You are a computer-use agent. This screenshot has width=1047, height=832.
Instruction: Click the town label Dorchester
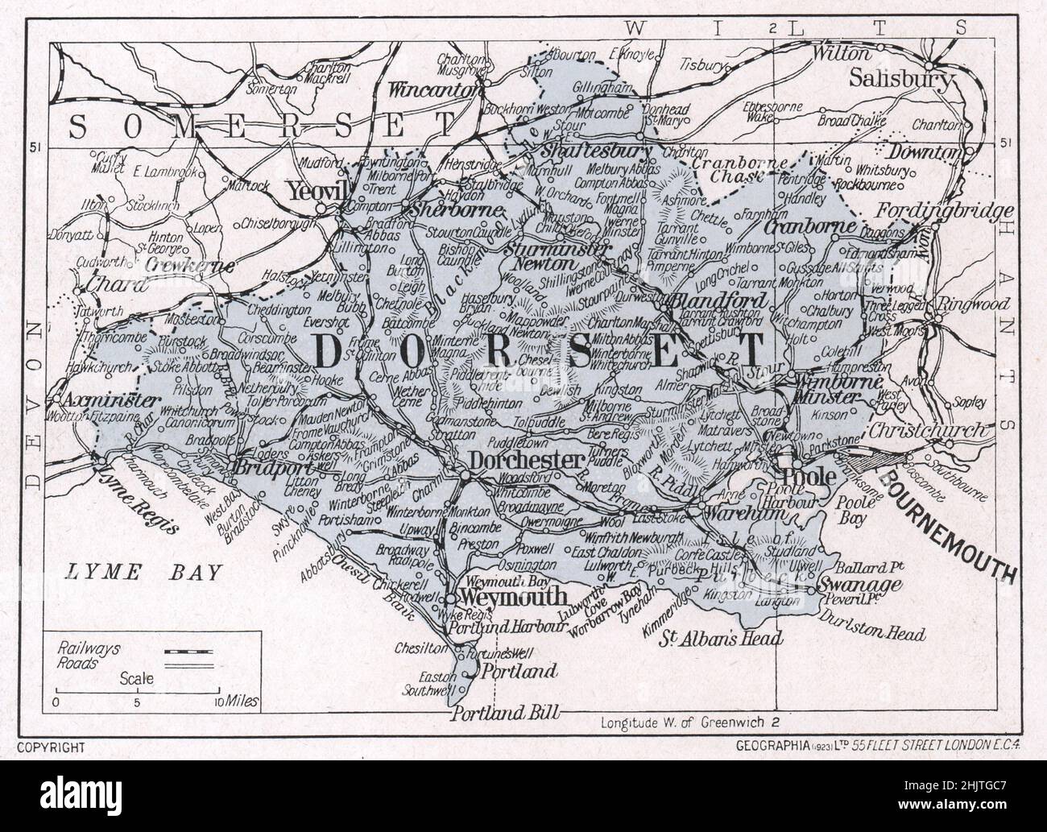(x=525, y=460)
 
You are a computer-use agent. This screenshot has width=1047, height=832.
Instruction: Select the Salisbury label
(x=900, y=80)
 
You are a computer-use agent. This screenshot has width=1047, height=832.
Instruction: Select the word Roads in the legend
(x=77, y=663)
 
